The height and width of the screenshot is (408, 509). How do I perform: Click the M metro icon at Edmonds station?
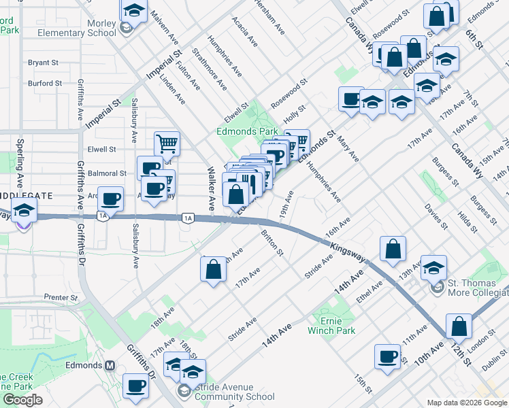(109, 365)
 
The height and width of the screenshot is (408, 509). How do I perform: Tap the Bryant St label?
(43, 63)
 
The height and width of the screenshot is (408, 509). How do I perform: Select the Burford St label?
(45, 84)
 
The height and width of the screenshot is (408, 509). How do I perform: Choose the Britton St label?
(272, 242)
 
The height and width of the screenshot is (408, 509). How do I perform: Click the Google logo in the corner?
(22, 400)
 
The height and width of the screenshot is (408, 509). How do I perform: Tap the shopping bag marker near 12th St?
(459, 326)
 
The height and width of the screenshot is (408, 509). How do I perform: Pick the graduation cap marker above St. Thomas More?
(433, 267)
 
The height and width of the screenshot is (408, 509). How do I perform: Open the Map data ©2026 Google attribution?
(467, 403)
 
